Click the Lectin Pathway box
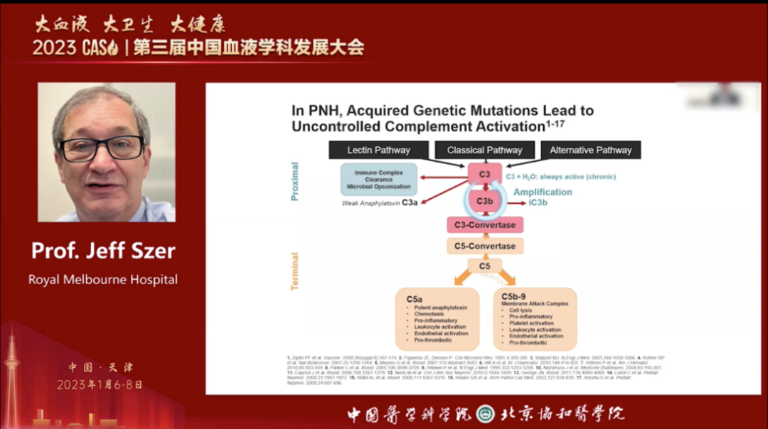coord(378,150)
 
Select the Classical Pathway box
coord(484,150)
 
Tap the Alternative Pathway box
coord(590,150)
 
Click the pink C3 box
coord(484,173)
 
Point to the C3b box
coord(484,202)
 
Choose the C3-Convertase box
coord(484,225)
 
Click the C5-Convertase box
coord(484,246)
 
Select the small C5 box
coord(484,266)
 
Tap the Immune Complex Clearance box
coord(378,180)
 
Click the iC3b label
coord(538,202)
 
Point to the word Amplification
coord(543,192)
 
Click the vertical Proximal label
coord(295,181)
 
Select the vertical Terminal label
coord(295,271)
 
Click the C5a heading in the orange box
coord(415,299)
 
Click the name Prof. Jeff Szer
coord(103,251)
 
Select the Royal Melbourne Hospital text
coord(103,279)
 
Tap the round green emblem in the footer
coord(485,413)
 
